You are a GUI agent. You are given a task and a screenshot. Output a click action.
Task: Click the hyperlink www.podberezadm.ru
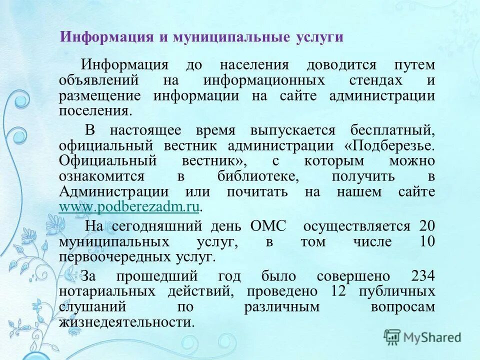(x=129, y=207)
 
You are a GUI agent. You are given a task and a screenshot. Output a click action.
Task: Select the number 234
(x=422, y=276)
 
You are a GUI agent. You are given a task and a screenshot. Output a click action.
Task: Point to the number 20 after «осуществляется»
(x=427, y=226)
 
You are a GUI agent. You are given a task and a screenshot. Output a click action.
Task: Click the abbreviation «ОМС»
(x=268, y=226)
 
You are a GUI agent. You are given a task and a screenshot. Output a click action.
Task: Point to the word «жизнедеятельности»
(x=125, y=322)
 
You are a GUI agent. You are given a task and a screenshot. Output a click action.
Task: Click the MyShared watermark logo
(x=422, y=337)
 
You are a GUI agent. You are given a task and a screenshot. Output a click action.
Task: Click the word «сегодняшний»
(x=153, y=226)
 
